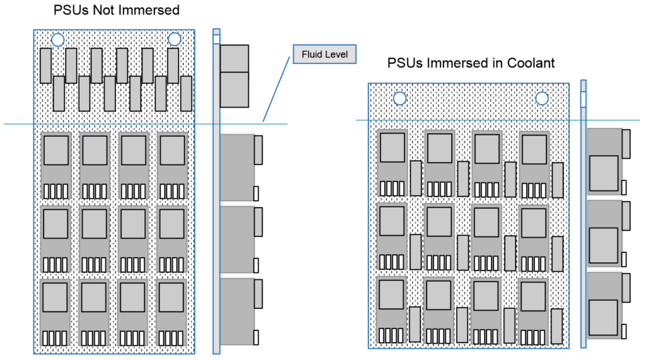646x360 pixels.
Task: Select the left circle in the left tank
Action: (57, 39)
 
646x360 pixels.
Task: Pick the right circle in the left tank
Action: (174, 39)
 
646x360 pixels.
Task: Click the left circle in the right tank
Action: (399, 98)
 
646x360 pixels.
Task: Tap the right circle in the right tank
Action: (541, 98)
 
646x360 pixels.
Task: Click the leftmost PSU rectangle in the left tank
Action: (45, 66)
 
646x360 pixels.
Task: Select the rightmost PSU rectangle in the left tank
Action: (186, 93)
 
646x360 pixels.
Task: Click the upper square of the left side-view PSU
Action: (235, 58)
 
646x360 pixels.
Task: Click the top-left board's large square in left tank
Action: (56, 151)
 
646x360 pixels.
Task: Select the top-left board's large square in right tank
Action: (392, 148)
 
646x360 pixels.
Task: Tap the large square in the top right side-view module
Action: (604, 173)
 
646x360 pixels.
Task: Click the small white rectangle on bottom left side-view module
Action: (255, 337)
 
